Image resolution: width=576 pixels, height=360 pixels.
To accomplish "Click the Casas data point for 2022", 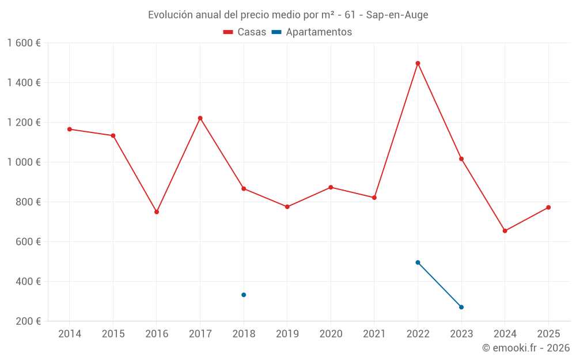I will coord(418,63).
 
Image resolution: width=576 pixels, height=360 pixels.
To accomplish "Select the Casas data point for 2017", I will coord(200,118).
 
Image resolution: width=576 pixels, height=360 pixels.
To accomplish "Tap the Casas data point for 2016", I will coord(157,212).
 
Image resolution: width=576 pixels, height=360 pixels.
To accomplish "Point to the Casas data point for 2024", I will coord(505,231).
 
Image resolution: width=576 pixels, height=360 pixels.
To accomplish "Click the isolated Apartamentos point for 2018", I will coord(244,295).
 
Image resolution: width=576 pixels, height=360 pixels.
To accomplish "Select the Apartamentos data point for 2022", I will coord(418,262).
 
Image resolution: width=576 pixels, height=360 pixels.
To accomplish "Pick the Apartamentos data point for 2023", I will coord(461,307).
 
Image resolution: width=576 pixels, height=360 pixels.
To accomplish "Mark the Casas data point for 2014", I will coord(70,129).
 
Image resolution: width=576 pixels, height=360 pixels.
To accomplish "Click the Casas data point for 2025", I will coord(548,207).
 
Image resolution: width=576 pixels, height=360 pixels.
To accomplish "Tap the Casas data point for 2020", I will coord(331,187).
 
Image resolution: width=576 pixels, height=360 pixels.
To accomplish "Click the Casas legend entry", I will coord(245,32).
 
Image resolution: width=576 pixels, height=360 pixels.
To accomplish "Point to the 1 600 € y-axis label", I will coord(24,43).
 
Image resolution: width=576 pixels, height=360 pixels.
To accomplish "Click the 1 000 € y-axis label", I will coord(24,162).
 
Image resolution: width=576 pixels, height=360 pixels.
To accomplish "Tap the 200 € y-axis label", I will coord(29,321).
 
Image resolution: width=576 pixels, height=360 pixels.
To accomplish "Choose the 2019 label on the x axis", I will coord(287,334).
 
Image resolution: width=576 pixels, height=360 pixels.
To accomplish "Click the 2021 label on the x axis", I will coord(374,334).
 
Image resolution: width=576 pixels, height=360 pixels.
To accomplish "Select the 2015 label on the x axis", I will coord(113,334).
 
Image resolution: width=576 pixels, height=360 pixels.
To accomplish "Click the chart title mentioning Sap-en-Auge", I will coord(288,15).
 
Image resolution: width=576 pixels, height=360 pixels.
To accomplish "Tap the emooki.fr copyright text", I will coord(525,348).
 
